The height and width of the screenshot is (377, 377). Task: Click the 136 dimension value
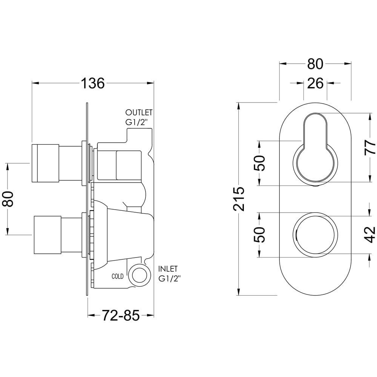click(93, 83)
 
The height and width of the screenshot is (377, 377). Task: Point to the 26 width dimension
click(315, 83)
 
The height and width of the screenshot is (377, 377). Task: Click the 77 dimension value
click(370, 148)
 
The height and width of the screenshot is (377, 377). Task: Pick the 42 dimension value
click(370, 234)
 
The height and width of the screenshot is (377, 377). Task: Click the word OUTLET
click(139, 113)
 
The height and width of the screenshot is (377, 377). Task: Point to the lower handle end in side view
click(48, 234)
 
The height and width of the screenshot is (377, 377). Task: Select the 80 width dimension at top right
click(315, 64)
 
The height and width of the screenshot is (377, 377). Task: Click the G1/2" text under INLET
click(170, 279)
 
